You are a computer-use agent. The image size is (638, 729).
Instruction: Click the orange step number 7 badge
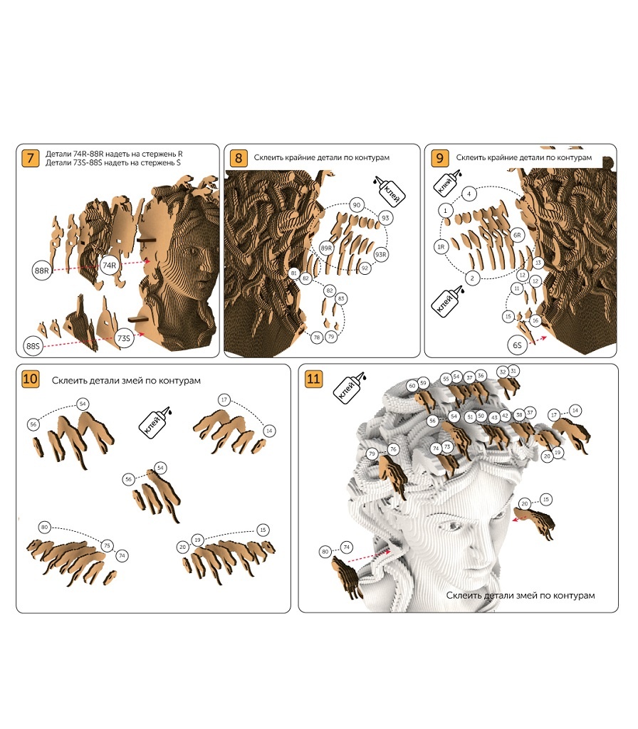[x=31, y=158]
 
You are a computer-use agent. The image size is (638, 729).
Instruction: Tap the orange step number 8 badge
[x=239, y=158]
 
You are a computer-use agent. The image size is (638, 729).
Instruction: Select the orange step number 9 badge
[x=439, y=158]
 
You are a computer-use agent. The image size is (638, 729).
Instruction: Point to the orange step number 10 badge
[x=30, y=379]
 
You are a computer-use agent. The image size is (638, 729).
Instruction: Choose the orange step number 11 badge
[x=313, y=379]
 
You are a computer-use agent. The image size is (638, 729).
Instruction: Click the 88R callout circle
[x=41, y=271]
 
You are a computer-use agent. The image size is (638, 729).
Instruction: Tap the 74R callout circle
[x=109, y=266]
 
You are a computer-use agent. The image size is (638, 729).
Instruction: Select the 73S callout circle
[x=124, y=338]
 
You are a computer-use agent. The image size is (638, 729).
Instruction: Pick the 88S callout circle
[x=33, y=346]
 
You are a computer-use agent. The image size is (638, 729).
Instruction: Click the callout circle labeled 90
[x=357, y=205]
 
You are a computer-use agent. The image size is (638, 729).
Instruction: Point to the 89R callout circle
[x=326, y=248]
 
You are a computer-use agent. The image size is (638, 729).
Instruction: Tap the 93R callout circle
[x=381, y=254]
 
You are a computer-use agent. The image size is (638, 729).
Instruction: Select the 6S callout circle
[x=517, y=345]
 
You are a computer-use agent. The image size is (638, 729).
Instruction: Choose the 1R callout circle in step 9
[x=441, y=247]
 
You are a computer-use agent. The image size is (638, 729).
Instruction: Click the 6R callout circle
[x=517, y=235]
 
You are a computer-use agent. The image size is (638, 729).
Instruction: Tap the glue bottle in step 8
[x=389, y=191]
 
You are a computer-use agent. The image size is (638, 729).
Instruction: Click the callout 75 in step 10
[x=107, y=545]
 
